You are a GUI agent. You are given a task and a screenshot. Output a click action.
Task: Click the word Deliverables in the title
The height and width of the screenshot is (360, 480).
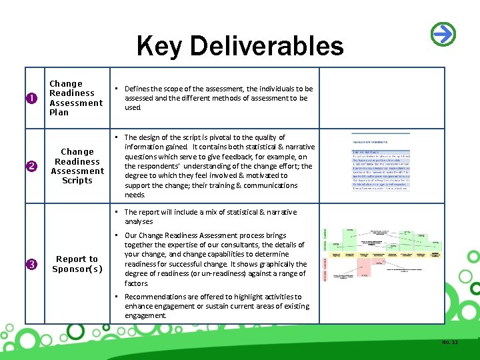(269, 47)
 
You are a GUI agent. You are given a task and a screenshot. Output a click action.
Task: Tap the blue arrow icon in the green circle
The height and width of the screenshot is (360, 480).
(443, 33)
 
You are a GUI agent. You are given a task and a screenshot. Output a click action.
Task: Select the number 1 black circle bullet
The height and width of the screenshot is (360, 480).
(31, 99)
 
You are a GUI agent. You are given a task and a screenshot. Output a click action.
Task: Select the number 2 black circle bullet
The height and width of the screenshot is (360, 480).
(31, 166)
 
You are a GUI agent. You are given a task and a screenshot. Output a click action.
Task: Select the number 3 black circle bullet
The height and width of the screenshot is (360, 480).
(31, 265)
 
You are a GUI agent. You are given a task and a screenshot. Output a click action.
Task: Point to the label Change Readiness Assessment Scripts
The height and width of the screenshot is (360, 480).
(77, 166)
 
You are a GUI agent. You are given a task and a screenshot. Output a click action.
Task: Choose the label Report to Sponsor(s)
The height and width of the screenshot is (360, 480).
(77, 264)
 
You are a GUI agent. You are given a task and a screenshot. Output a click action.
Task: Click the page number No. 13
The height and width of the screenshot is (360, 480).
(450, 343)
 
